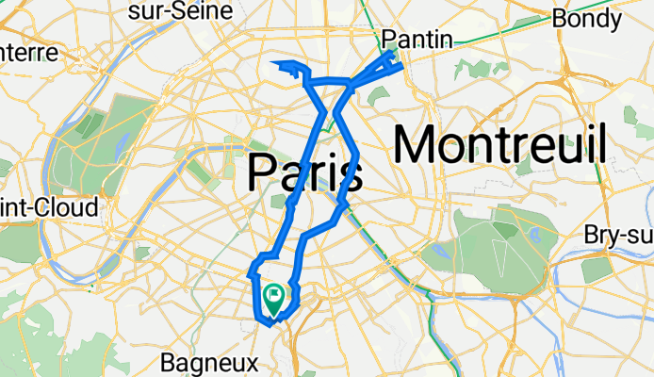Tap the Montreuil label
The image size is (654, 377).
coord(499,146)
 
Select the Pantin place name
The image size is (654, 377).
coord(417,39)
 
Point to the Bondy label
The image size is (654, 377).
coord(586,18)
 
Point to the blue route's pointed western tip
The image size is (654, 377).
coord(274,64)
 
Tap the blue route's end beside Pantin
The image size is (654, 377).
coord(401,66)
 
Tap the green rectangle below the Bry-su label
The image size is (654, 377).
coord(597,270)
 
